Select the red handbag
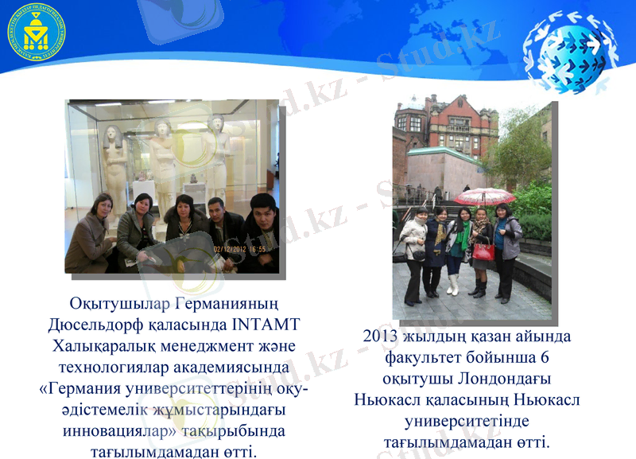pos(483,251)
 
